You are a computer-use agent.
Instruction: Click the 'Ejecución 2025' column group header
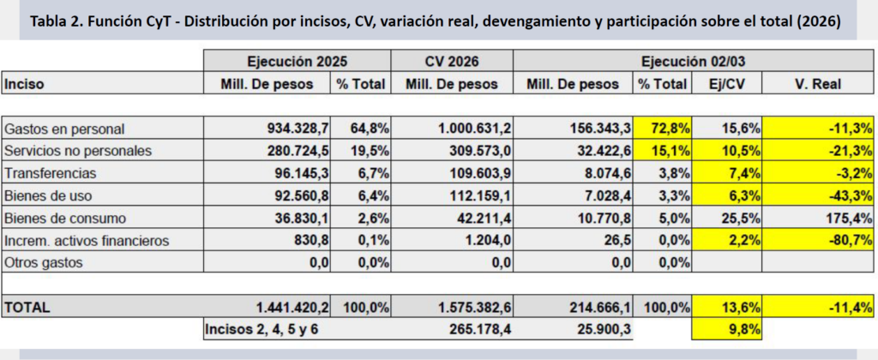(x=297, y=61)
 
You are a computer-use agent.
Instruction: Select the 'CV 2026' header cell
(x=452, y=61)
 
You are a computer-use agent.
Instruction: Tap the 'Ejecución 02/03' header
(x=694, y=61)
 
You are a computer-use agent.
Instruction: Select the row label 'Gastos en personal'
(x=65, y=129)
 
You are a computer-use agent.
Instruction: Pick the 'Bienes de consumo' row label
(x=66, y=218)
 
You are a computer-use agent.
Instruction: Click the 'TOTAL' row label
(x=28, y=306)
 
